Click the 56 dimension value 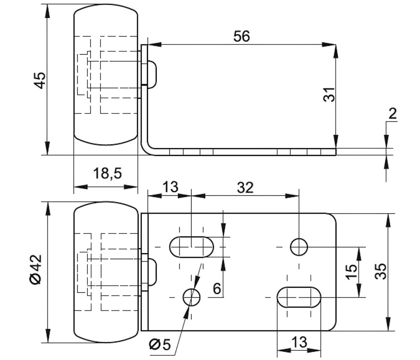pyautogui.click(x=241, y=37)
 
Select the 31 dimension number pyautogui.click(x=330, y=95)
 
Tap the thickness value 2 pyautogui.click(x=393, y=113)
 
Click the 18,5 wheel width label pyautogui.click(x=108, y=173)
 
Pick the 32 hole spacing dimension pyautogui.click(x=245, y=187)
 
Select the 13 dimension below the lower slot pyautogui.click(x=299, y=342)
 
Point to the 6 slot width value pyautogui.click(x=217, y=289)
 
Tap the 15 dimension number pyautogui.click(x=352, y=272)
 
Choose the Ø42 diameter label pyautogui.click(x=37, y=269)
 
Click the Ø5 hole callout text pyautogui.click(x=160, y=345)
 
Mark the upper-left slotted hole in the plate pyautogui.click(x=192, y=247)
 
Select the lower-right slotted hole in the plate pyautogui.click(x=299, y=297)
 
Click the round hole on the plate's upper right pyautogui.click(x=299, y=247)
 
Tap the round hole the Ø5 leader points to pyautogui.click(x=192, y=297)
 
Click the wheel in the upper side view pyautogui.click(x=106, y=76)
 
